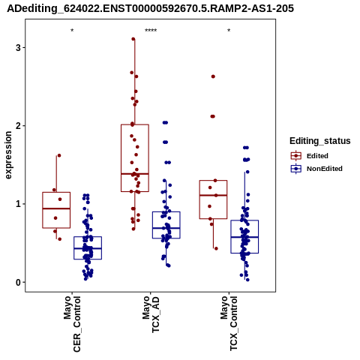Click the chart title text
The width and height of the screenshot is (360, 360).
pos(150,9)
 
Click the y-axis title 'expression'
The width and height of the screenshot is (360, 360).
pos(8,155)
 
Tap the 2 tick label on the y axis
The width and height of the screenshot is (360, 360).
pos(18,126)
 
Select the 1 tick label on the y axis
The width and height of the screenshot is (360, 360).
pos(18,204)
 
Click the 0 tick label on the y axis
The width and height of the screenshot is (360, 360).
pos(18,282)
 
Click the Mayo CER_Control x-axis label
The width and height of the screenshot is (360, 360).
pos(72,324)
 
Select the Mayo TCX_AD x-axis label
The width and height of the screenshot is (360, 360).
pos(151,314)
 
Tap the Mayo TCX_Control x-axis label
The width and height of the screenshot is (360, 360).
pos(229,323)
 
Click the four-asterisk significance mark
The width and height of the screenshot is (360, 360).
pos(151,31)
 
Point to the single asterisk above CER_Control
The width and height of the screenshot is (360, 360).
pos(72,31)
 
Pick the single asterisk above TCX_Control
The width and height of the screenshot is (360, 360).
pos(229,31)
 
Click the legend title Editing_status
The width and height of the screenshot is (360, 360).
pos(320,141)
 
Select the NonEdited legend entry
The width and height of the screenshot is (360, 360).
pos(316,169)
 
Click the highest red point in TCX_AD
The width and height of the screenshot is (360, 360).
pos(133,39)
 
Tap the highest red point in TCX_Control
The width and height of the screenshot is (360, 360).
pos(213,76)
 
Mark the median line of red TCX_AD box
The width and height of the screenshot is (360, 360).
pos(135,173)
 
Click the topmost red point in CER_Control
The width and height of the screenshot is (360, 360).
pos(59,155)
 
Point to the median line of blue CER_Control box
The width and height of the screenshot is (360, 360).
pos(88,248)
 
